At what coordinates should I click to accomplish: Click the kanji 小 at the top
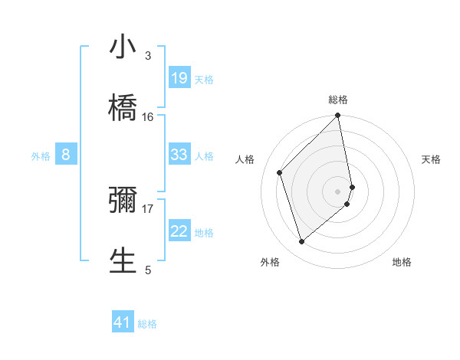(x=123, y=48)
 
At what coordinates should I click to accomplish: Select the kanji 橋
(x=123, y=107)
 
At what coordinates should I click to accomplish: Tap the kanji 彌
(x=123, y=199)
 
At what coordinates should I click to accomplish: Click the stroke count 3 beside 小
(x=147, y=56)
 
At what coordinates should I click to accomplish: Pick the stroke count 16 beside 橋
(x=148, y=116)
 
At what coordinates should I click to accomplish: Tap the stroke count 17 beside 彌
(x=148, y=208)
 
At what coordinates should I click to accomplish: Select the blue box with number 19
(x=179, y=78)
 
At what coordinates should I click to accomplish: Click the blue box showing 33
(x=179, y=155)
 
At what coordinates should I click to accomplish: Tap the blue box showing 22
(x=179, y=231)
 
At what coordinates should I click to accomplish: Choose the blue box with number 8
(x=66, y=155)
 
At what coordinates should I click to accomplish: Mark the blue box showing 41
(x=123, y=322)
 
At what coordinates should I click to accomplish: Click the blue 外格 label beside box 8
(x=41, y=156)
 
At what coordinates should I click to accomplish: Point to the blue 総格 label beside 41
(x=147, y=324)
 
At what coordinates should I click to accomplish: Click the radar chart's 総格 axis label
(x=338, y=100)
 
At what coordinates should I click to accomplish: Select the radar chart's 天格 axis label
(x=432, y=159)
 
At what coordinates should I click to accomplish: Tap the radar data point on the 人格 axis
(x=280, y=172)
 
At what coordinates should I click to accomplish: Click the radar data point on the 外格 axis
(x=302, y=242)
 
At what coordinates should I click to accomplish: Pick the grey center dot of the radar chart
(x=338, y=191)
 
